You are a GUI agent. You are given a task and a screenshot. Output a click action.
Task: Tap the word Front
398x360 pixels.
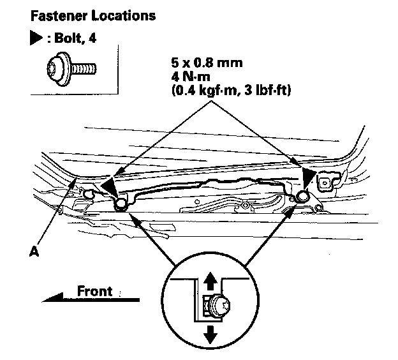click(95, 290)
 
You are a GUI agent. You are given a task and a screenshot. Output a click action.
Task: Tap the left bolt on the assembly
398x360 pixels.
click(120, 205)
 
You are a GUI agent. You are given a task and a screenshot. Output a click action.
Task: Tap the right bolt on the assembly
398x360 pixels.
click(302, 196)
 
